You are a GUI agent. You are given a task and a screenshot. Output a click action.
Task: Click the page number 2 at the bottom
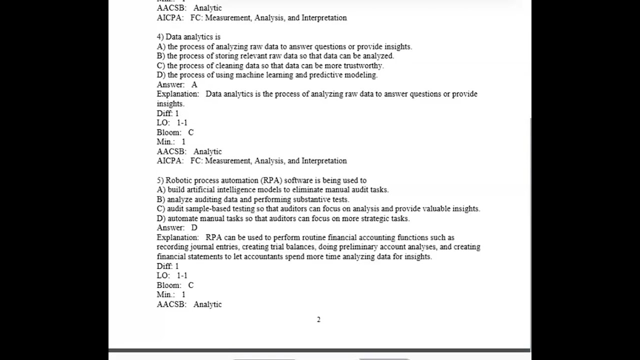pyautogui.click(x=318, y=319)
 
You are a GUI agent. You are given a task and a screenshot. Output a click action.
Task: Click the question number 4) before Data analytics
pyautogui.click(x=160, y=37)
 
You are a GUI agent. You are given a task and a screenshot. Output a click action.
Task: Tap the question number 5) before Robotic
pyautogui.click(x=160, y=180)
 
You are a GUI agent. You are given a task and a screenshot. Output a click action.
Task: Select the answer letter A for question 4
pyautogui.click(x=194, y=85)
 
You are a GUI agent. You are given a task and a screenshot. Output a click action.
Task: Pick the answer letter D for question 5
pyautogui.click(x=194, y=228)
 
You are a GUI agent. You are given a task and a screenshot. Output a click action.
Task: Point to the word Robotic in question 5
pyautogui.click(x=179, y=180)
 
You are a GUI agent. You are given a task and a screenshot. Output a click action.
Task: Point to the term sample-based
pyautogui.click(x=206, y=209)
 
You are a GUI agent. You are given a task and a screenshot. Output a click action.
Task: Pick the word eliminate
pyautogui.click(x=307, y=190)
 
